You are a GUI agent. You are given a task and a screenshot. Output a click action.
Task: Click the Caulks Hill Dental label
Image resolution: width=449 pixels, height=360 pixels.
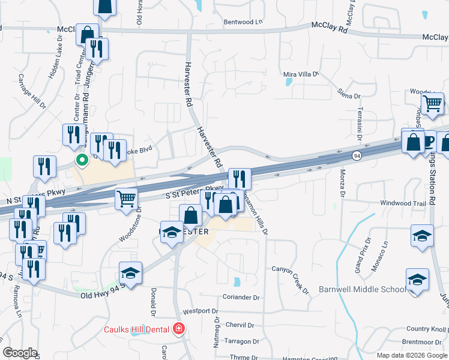[x=137, y=329]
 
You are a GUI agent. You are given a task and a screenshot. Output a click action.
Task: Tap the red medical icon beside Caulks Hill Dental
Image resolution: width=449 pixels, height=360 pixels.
[x=178, y=328]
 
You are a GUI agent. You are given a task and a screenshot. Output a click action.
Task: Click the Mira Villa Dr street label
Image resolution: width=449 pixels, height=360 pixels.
[x=300, y=74]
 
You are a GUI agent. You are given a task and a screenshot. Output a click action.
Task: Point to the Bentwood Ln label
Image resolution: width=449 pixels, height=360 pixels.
[x=243, y=22]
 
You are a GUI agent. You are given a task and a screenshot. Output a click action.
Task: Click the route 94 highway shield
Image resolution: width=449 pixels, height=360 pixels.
[x=356, y=156]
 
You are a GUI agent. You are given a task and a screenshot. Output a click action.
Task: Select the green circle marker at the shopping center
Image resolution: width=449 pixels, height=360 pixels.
[x=80, y=160]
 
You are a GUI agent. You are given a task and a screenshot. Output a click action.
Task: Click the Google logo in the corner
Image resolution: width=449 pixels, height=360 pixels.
[x=20, y=353]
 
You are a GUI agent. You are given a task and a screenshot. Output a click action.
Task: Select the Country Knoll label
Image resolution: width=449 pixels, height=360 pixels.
[x=426, y=329]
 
